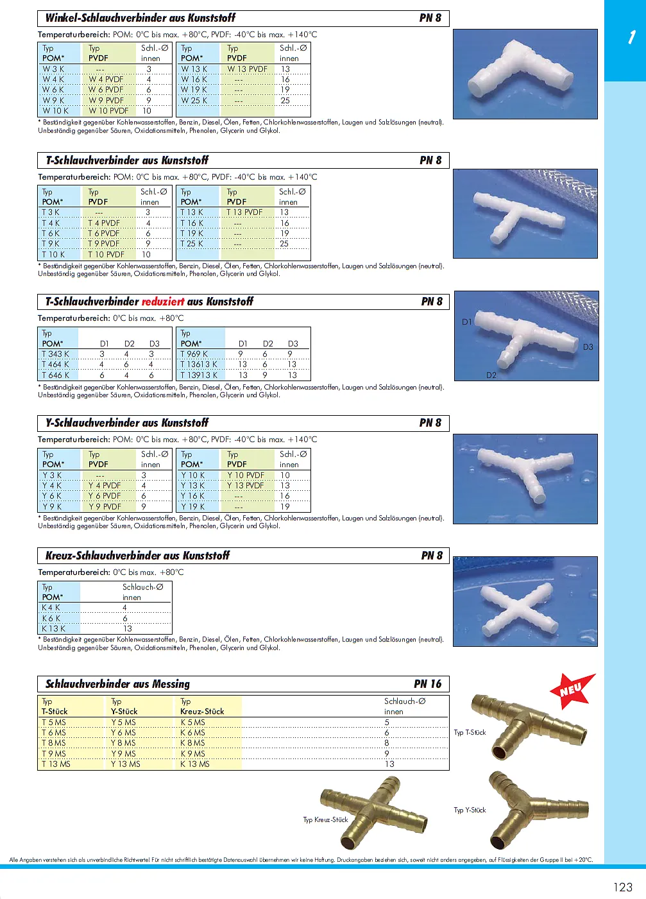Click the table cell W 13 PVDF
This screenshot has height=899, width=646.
click(x=247, y=69)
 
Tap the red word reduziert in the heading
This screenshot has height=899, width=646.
click(x=163, y=302)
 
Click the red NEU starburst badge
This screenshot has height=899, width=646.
click(x=572, y=690)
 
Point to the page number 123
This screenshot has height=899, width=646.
click(x=622, y=887)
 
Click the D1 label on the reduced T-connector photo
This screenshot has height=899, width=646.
click(x=467, y=322)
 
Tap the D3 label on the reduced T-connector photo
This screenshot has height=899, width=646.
click(x=588, y=347)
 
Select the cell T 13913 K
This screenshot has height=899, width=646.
click(x=199, y=375)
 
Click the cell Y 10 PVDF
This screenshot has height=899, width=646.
click(x=246, y=475)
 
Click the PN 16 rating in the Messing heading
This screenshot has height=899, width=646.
click(x=427, y=684)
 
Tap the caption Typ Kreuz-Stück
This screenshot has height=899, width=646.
click(x=325, y=819)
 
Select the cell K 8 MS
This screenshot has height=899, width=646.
click(x=192, y=743)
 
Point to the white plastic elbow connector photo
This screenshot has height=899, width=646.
click(x=524, y=74)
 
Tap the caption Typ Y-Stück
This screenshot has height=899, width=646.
click(x=470, y=810)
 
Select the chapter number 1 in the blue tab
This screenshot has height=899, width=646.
click(x=631, y=37)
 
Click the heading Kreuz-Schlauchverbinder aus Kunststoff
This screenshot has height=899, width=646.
click(x=137, y=556)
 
